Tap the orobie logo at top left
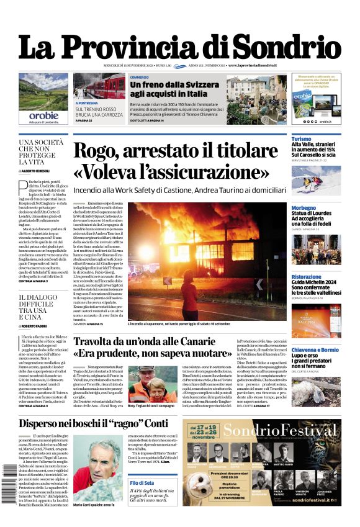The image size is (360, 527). (x=43, y=115)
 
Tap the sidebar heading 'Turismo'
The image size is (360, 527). (x=302, y=139)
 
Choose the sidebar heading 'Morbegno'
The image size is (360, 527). (x=304, y=208)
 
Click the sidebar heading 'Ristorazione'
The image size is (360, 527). (x=307, y=277)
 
